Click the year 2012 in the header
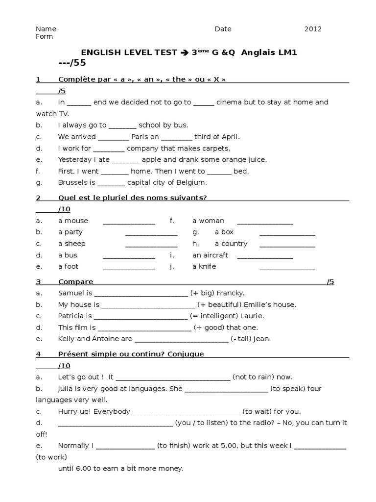313,29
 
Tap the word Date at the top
223,29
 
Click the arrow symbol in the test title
184,53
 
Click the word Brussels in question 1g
73,182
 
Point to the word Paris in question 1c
140,137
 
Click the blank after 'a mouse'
129,221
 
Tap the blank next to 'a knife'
287,267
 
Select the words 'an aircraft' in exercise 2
210,255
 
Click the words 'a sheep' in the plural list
71,244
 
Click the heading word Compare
75,282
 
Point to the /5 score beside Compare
330,282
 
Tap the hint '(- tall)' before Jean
244,339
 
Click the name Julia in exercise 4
67,389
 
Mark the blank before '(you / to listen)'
115,423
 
